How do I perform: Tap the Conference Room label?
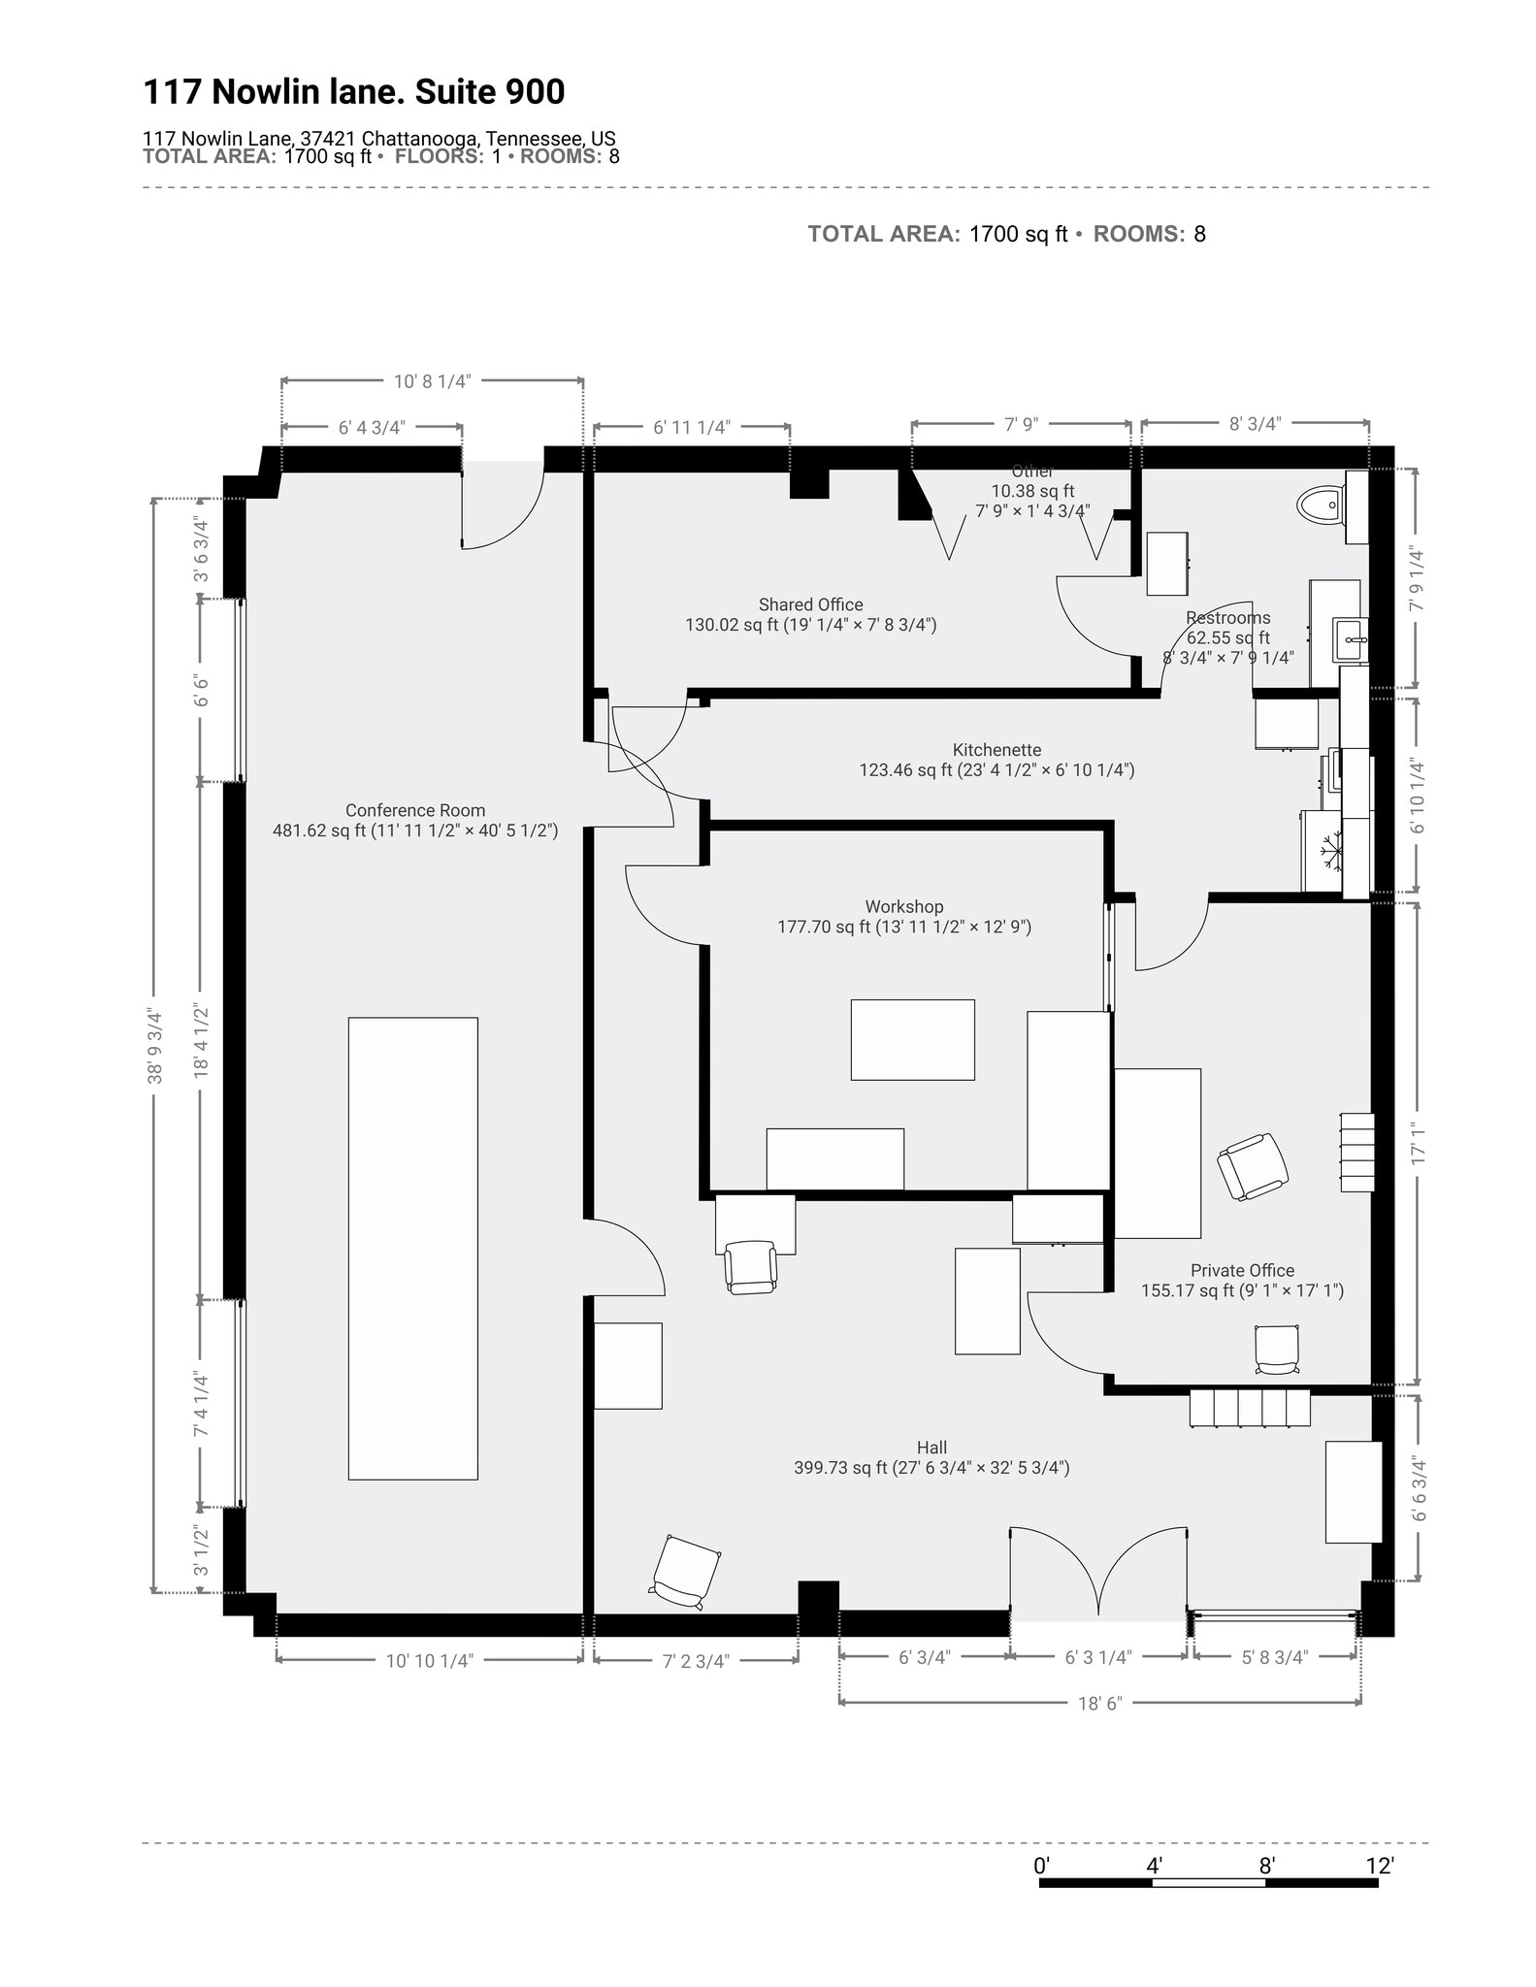point(414,810)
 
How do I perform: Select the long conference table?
point(412,1248)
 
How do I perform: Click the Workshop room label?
point(903,906)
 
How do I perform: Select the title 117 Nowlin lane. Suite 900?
point(354,92)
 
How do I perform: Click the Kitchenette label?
point(997,750)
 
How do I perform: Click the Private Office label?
point(1242,1270)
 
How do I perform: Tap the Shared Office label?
point(810,604)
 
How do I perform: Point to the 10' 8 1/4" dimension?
point(432,381)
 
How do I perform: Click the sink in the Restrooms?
point(1351,639)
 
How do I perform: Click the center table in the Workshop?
point(912,1039)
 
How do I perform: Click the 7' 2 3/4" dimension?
point(696,1660)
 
